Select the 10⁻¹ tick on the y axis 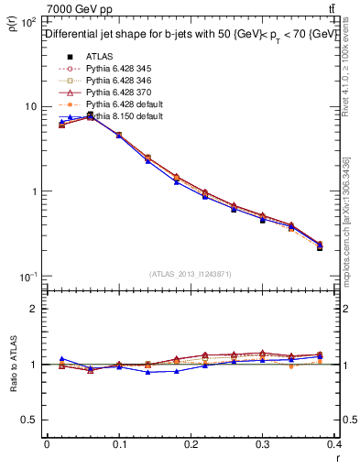27,277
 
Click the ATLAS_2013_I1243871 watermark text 191,274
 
